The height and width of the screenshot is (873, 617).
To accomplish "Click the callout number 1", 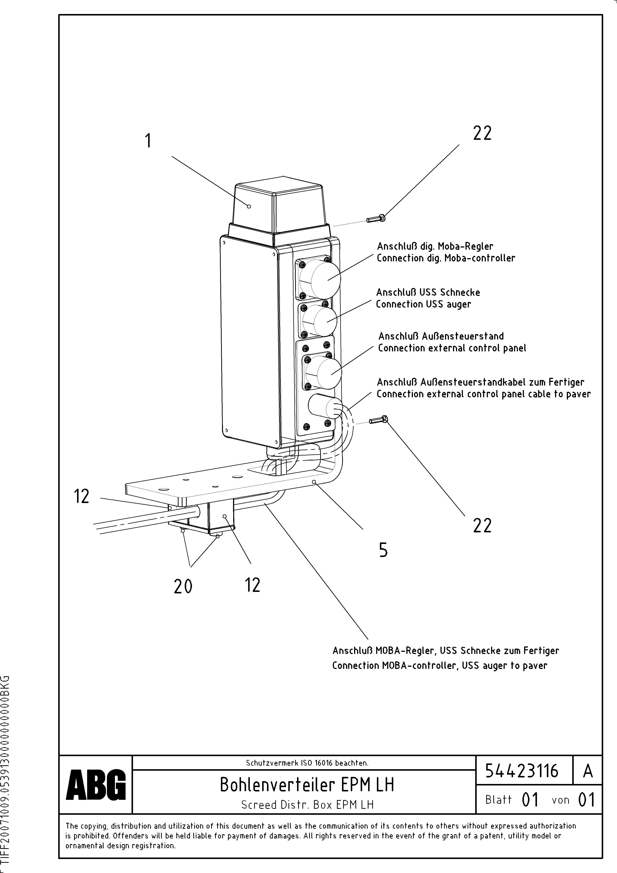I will coord(148,141).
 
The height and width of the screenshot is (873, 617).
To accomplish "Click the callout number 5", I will coord(383,550).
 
